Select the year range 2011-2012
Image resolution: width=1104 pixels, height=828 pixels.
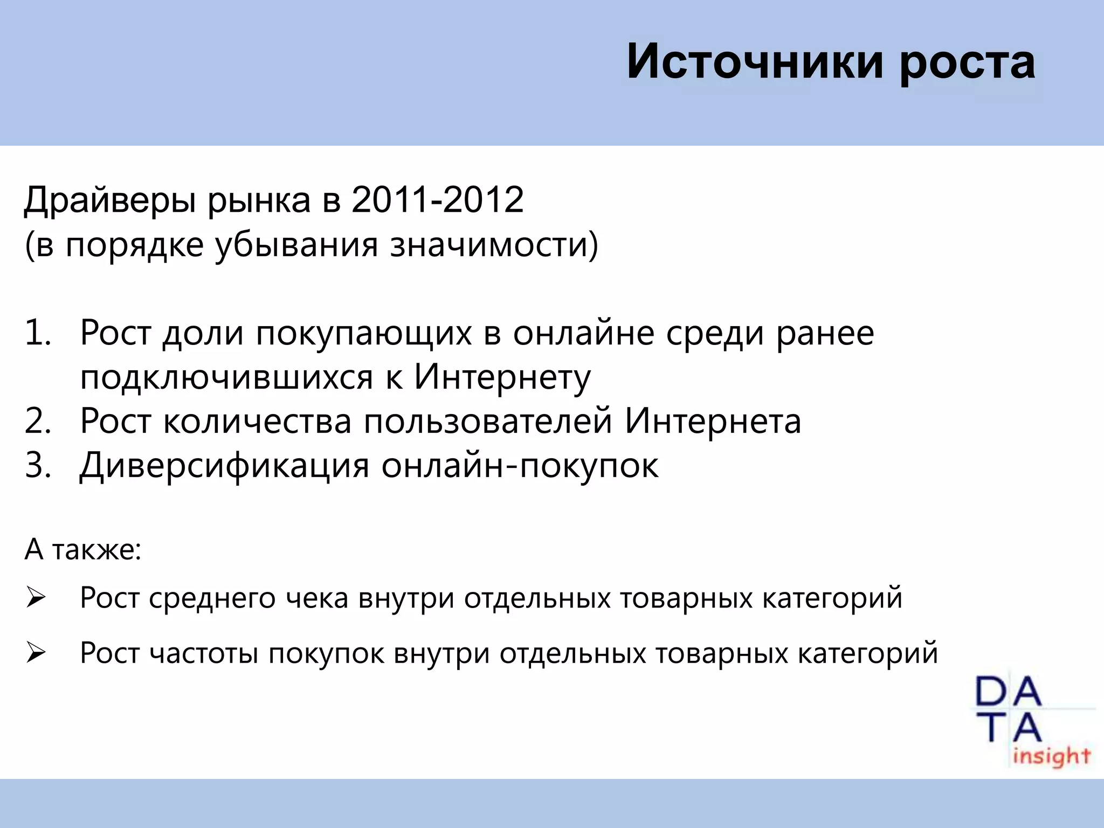point(437,200)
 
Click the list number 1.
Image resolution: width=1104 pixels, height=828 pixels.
point(38,333)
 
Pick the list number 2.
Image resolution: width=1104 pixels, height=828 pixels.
point(38,421)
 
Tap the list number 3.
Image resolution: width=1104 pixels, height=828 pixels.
point(38,465)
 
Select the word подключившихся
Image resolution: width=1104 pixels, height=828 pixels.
point(226,377)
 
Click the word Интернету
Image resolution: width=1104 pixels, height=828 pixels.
point(502,377)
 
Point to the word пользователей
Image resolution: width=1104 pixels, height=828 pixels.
point(488,422)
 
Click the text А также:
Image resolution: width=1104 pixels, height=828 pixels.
point(83,550)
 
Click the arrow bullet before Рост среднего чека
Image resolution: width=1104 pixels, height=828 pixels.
point(36,598)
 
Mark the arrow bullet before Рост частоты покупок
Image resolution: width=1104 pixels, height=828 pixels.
point(36,654)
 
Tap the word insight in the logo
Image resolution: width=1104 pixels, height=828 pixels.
point(1052,756)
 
